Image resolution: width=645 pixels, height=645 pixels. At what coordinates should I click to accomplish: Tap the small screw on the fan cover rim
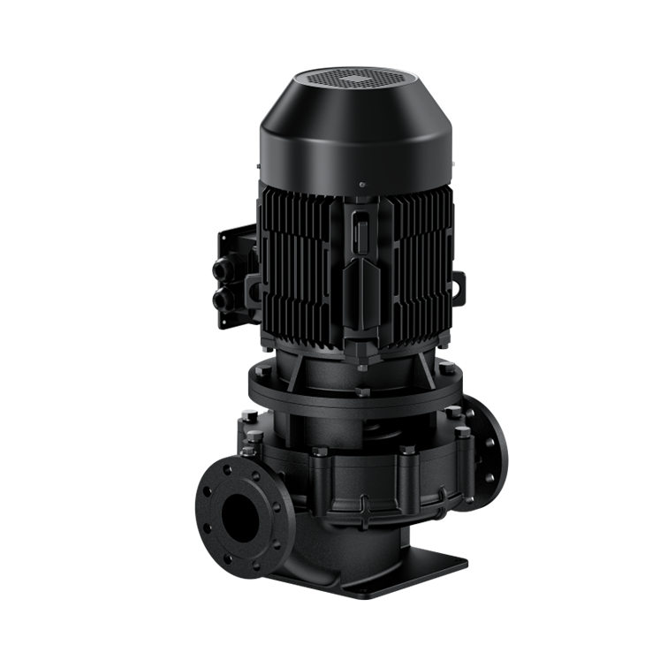click(x=362, y=185)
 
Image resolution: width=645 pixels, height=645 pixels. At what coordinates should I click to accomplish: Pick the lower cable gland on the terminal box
click(x=221, y=300)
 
